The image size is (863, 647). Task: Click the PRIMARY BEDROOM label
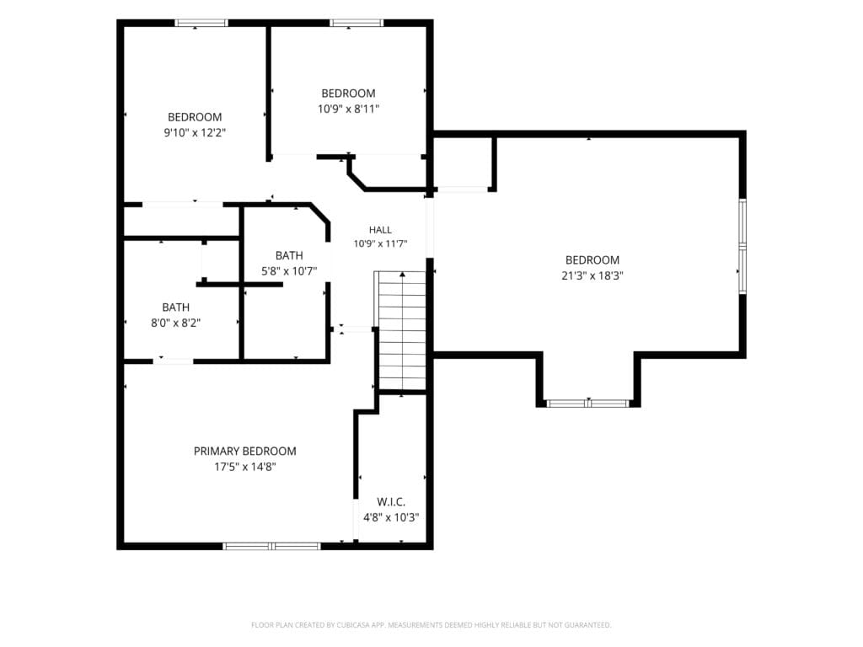click(245, 452)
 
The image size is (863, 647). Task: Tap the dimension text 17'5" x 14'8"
click(245, 467)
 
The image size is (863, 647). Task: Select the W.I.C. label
click(391, 502)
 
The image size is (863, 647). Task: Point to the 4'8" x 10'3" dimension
click(391, 518)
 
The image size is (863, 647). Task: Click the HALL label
click(380, 230)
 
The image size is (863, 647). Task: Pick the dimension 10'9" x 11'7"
click(380, 243)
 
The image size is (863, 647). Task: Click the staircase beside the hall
click(402, 330)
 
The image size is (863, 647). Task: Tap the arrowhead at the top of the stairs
click(403, 274)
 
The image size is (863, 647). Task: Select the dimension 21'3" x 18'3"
click(592, 276)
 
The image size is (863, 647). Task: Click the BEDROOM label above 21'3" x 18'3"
click(592, 260)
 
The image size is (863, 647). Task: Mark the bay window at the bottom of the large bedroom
click(588, 404)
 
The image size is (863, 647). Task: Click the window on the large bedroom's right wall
click(742, 245)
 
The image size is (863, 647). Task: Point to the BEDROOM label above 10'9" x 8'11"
click(348, 94)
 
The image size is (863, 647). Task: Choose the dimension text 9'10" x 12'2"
click(195, 132)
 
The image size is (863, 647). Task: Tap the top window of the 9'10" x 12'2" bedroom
click(201, 23)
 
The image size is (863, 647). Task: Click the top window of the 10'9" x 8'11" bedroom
click(356, 23)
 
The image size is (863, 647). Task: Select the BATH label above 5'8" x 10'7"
click(289, 255)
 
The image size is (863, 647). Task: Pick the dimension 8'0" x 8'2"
click(175, 323)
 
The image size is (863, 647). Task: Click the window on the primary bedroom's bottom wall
click(271, 546)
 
